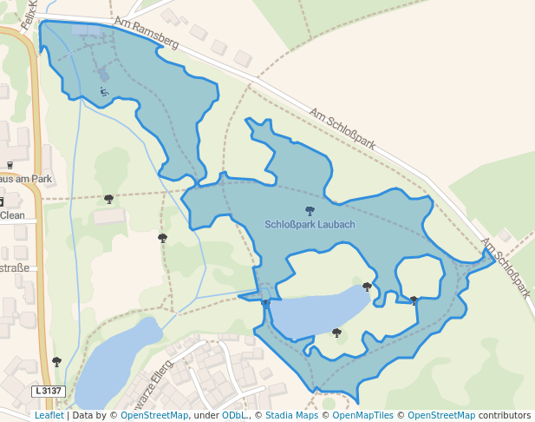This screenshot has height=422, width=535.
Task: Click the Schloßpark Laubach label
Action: point(310,224)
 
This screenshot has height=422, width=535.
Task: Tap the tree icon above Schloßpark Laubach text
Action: point(310,210)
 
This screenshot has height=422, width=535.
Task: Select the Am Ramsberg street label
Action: point(146,32)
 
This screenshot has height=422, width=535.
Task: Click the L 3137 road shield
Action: point(49,391)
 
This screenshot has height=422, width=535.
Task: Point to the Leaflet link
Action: point(49,416)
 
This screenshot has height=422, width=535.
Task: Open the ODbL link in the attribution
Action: point(233,416)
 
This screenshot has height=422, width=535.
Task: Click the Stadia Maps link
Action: point(290,416)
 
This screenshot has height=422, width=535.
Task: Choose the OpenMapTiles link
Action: point(362,416)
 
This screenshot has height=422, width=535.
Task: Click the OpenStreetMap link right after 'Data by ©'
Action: point(154,416)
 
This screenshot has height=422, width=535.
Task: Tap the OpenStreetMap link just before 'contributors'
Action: point(440,416)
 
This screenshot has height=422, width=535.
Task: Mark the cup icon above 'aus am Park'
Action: point(10,164)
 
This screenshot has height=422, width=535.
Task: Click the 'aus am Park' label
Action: point(26,179)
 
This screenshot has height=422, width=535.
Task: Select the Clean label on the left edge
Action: point(12,215)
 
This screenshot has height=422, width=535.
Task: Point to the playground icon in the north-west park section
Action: point(104,90)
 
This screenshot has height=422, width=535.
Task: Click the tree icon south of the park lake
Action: point(336,332)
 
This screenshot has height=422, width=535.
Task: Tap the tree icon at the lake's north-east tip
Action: point(367,286)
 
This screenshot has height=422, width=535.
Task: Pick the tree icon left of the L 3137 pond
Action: point(57,360)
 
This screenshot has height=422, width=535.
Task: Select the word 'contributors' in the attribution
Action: point(504,416)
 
